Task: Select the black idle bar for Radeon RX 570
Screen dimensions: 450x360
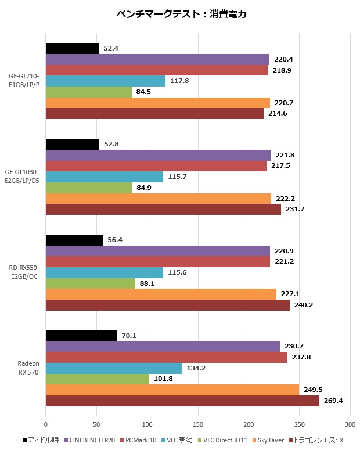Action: click(81, 336)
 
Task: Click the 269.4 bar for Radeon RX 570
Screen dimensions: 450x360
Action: click(182, 401)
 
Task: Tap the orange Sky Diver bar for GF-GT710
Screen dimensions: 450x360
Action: click(157, 103)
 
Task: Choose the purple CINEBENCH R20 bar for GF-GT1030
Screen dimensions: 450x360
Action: click(158, 155)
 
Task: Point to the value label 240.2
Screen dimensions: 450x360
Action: click(304, 305)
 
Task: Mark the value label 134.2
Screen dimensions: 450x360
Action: click(196, 368)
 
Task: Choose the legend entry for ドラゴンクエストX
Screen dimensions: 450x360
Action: click(319, 440)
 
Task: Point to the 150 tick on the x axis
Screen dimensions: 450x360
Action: click(198, 424)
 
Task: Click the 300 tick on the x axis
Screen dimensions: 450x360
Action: click(350, 424)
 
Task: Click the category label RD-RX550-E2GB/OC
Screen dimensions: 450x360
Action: click(24, 272)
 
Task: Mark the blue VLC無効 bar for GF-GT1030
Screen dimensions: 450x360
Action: click(104, 177)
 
